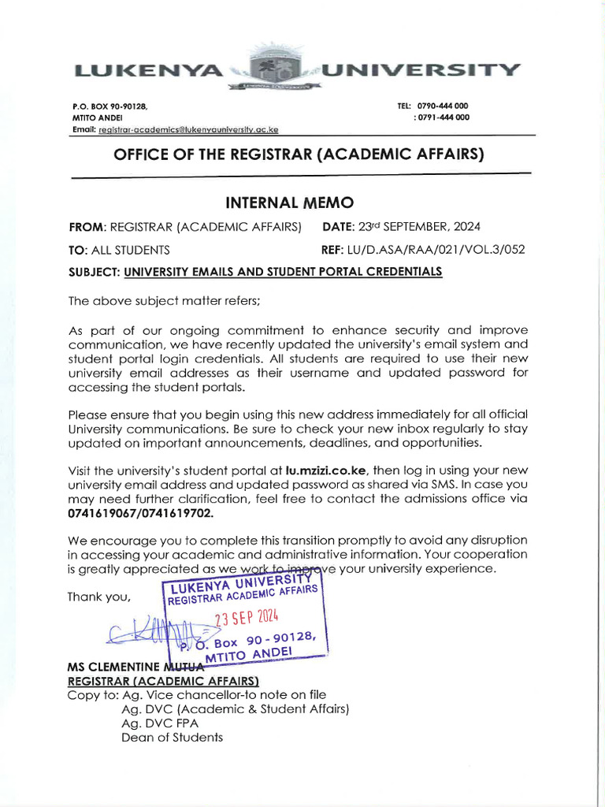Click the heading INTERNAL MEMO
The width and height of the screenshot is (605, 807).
point(302,202)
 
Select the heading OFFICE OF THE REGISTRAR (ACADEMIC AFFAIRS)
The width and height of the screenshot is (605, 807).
point(299,154)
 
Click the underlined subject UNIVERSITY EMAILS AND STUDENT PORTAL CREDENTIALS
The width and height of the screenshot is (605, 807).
point(283,272)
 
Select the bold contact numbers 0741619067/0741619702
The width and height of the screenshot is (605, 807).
point(140,513)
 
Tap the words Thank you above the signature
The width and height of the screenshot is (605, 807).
point(98,597)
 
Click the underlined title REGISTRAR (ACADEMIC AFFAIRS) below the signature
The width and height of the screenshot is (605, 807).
point(164,680)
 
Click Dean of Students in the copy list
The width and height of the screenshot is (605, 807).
point(172,738)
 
